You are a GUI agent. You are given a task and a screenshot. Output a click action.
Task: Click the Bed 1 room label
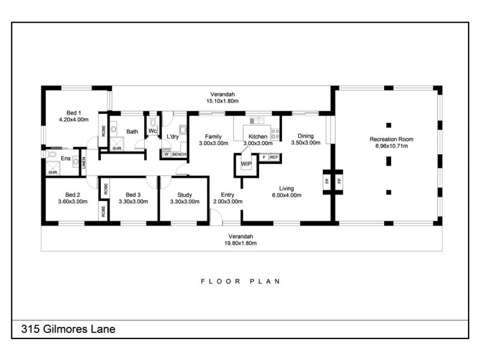[x=73, y=112]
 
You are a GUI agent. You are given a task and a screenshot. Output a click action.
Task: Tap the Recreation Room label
[x=391, y=139]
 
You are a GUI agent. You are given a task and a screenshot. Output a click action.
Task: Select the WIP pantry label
[x=246, y=163]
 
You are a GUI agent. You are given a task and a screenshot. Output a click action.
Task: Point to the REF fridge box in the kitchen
[x=274, y=157]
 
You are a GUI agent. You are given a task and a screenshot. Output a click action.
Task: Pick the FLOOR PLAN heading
[x=240, y=281]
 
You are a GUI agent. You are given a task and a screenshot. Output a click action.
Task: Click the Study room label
[x=185, y=194]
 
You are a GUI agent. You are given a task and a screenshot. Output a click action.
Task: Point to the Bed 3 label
[x=133, y=194]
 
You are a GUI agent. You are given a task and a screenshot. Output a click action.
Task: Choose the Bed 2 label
[x=73, y=194]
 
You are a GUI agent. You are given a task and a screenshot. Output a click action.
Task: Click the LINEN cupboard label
[x=84, y=163]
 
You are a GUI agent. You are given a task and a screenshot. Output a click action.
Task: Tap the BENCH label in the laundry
[x=179, y=154]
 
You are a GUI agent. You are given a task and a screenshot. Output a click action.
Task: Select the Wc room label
[x=152, y=131]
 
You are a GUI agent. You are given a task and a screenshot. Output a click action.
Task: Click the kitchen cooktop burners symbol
[x=276, y=133]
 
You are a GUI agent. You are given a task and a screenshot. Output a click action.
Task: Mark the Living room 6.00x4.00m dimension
[x=286, y=195]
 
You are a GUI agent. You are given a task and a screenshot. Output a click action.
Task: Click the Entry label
[x=227, y=194]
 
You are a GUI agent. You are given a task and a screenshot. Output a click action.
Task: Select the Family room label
[x=214, y=136]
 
